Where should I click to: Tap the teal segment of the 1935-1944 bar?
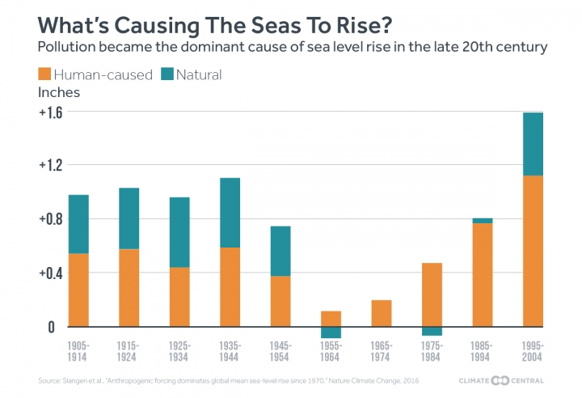[230, 213]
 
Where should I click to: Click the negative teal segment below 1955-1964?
[331, 332]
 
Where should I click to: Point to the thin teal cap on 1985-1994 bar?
[482, 221]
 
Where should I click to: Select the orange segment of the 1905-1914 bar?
[78, 290]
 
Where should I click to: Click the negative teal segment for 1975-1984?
[432, 331]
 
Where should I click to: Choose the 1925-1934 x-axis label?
[179, 351]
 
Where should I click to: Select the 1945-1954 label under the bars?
[280, 351]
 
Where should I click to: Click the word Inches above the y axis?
[60, 92]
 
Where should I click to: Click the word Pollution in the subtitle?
[68, 48]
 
